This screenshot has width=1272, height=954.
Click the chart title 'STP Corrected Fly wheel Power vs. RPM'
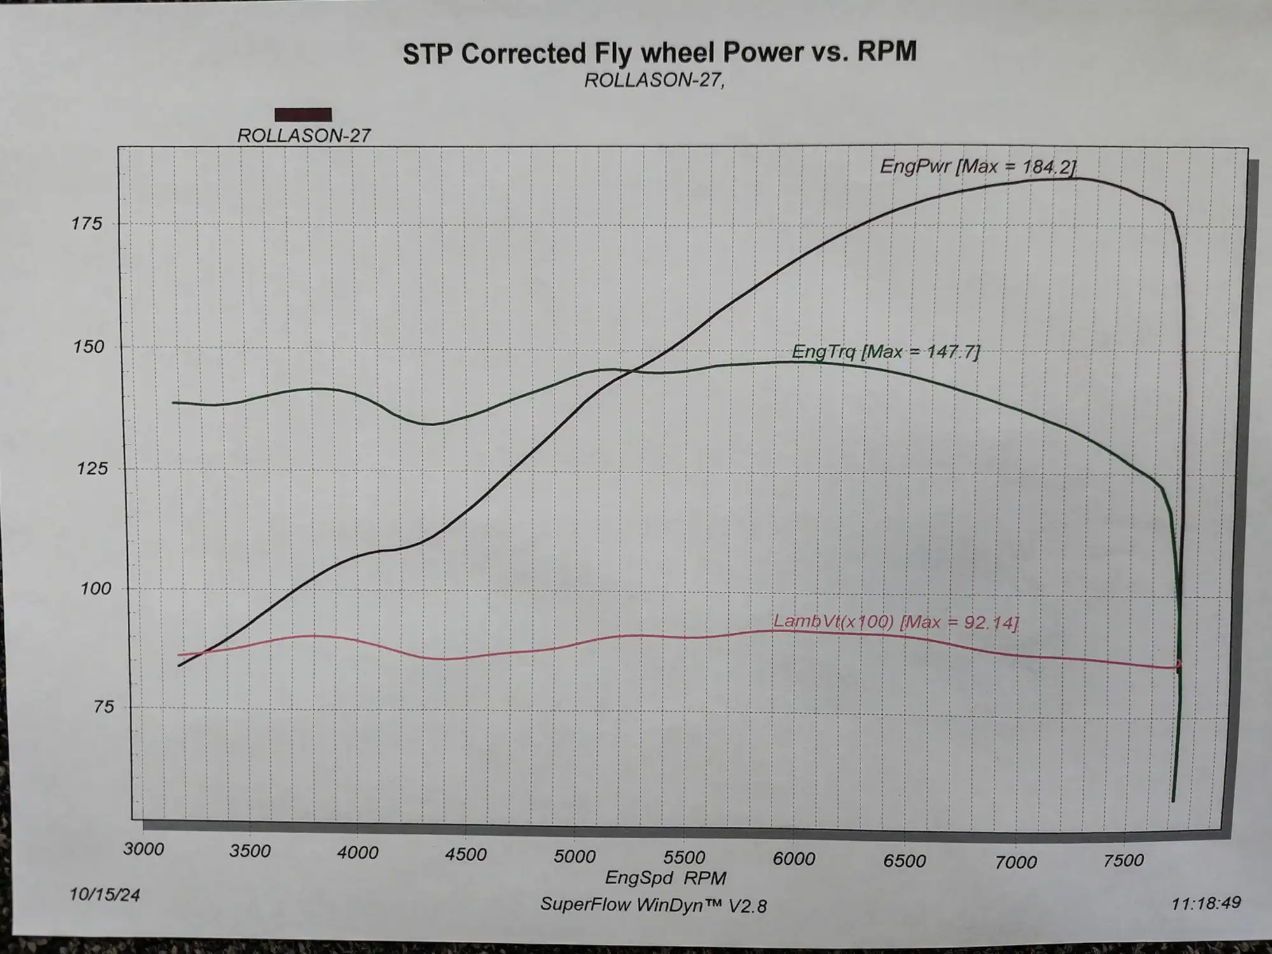click(660, 53)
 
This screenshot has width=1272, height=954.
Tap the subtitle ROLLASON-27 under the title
click(654, 81)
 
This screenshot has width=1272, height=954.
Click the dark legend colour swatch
click(303, 114)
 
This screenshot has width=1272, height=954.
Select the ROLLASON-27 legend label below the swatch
click(303, 135)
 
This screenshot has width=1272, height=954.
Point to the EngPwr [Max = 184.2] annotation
click(978, 167)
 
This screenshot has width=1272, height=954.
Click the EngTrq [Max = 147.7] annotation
click(885, 351)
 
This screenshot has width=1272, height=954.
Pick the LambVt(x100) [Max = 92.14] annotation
click(895, 621)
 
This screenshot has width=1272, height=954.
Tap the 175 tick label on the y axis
click(87, 224)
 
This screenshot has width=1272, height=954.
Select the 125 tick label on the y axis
click(92, 469)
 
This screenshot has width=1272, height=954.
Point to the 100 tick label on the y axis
click(95, 588)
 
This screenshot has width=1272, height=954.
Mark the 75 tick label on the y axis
click(104, 707)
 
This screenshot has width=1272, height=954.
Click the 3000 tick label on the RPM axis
click(144, 848)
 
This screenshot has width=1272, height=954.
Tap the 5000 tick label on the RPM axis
click(574, 855)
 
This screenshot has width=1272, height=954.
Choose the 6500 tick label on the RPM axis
click(904, 861)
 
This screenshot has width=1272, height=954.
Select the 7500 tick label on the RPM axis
click(1124, 860)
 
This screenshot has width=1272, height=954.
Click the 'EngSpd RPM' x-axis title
click(665, 878)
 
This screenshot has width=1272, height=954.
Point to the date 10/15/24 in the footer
click(104, 894)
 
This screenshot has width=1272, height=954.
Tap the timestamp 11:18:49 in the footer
click(1206, 902)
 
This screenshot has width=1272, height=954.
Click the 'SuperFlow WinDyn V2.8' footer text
click(653, 904)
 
